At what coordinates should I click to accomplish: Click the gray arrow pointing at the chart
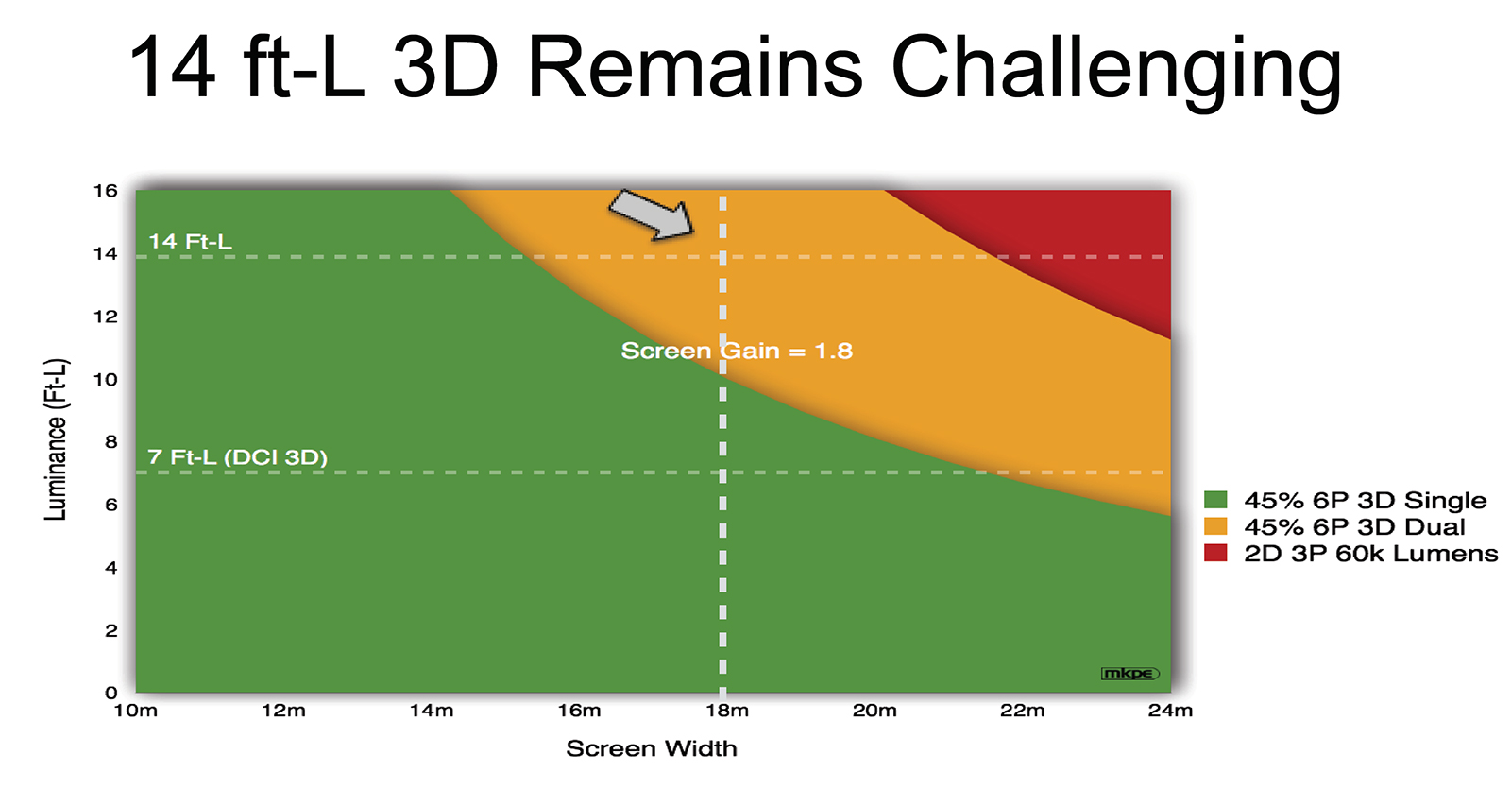pyautogui.click(x=652, y=214)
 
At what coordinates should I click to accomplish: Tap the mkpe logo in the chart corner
pyautogui.click(x=1129, y=674)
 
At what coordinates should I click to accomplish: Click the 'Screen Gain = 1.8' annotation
pyautogui.click(x=737, y=351)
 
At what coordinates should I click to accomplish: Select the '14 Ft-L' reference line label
pyautogui.click(x=190, y=241)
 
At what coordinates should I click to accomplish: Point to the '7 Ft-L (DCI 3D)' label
pyautogui.click(x=237, y=457)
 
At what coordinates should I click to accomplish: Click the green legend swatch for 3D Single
pyautogui.click(x=1215, y=500)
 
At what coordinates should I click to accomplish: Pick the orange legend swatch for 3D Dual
pyautogui.click(x=1215, y=526)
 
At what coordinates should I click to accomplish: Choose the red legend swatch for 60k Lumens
pyautogui.click(x=1215, y=553)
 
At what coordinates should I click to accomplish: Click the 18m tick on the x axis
pyautogui.click(x=727, y=711)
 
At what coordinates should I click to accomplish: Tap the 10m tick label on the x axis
pyautogui.click(x=136, y=711)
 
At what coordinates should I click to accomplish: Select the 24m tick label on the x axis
pyautogui.click(x=1170, y=711)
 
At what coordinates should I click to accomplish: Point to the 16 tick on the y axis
pyautogui.click(x=105, y=191)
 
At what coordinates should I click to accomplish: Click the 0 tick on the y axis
pyautogui.click(x=111, y=694)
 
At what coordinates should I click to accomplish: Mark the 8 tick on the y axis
pyautogui.click(x=111, y=442)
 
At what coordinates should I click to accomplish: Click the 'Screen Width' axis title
pyautogui.click(x=651, y=748)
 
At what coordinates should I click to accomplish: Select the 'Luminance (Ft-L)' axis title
pyautogui.click(x=56, y=439)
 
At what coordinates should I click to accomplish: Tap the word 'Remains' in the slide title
pyautogui.click(x=695, y=67)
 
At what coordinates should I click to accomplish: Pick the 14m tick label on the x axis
pyautogui.click(x=432, y=711)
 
